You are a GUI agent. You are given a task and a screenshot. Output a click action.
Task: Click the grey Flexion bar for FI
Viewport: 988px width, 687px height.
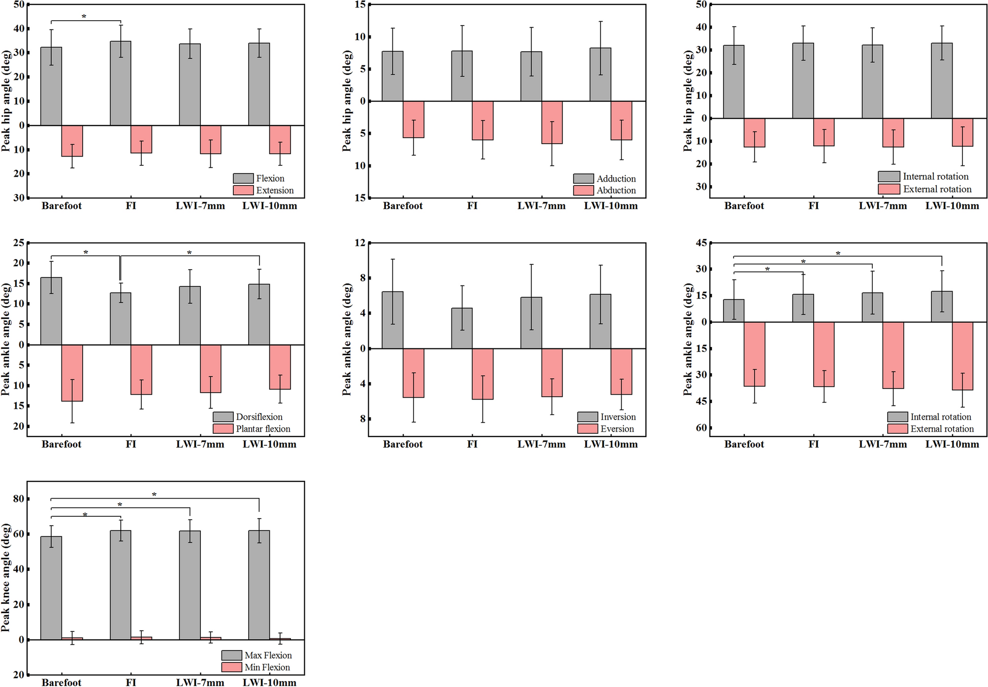pos(121,84)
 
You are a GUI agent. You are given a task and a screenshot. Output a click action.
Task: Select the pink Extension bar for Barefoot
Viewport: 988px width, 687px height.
pos(72,141)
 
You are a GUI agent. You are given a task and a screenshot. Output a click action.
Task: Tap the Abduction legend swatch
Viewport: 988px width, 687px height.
pos(583,190)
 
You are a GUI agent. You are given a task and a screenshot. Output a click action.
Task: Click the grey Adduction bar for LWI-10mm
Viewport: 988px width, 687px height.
pos(600,75)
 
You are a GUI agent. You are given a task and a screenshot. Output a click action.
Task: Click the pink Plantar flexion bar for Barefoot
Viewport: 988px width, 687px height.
pos(72,373)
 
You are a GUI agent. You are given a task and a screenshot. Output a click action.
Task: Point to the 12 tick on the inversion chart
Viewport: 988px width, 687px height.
pos(360,243)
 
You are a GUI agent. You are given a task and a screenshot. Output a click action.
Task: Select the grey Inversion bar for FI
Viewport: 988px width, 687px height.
pos(462,328)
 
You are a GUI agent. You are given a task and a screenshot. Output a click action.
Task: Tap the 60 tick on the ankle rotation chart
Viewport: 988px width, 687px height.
pos(701,428)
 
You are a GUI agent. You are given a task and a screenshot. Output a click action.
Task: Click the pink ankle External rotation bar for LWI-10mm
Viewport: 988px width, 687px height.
pos(962,356)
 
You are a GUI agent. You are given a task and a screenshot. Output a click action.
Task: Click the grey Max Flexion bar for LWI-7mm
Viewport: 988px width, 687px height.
pos(190,585)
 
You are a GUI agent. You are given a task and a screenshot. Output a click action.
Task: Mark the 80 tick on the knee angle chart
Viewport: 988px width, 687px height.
pos(19,499)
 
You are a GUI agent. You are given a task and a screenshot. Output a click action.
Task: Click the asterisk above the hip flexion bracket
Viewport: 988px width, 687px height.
pos(84,17)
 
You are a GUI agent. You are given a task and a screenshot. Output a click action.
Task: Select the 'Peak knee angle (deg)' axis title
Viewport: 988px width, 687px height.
pos(6,578)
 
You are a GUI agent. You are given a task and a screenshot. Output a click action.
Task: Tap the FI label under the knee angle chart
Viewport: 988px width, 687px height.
pos(131,682)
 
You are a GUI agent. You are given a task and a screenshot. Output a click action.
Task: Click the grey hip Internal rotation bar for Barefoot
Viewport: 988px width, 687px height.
pos(733,82)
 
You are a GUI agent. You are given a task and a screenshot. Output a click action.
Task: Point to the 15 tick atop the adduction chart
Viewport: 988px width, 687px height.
pos(360,5)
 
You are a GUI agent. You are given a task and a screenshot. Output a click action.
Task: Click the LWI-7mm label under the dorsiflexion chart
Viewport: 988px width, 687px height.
pos(200,444)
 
